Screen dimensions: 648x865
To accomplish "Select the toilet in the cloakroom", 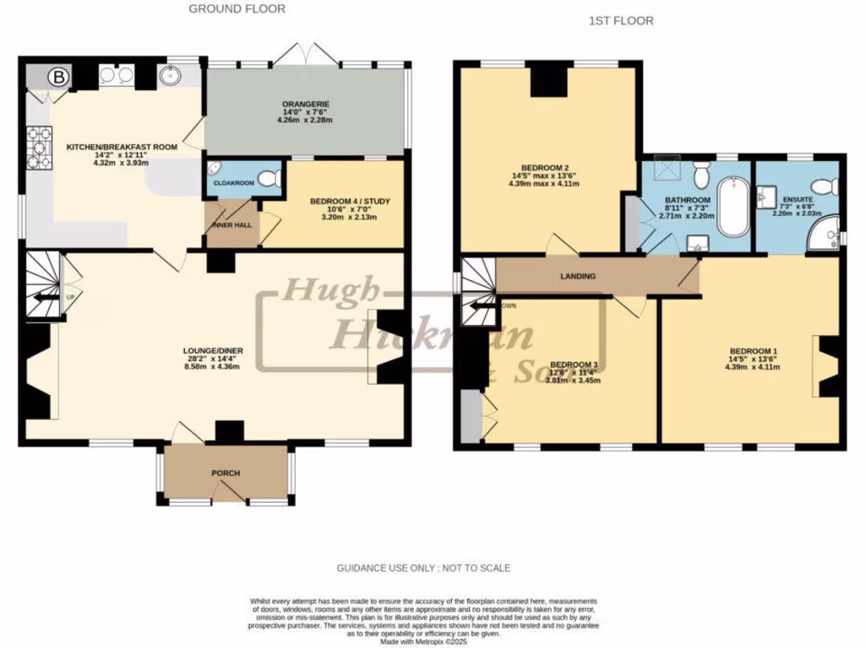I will tap(269, 178).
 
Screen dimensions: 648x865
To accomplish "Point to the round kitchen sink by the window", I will tap(175, 78).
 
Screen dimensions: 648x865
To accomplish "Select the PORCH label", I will tap(226, 473).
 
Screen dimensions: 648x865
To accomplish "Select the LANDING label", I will tap(578, 276).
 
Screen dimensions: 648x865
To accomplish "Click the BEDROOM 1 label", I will tap(753, 351).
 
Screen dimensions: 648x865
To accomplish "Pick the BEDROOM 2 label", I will tap(545, 167).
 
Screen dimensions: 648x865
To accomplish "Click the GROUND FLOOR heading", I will tap(237, 9).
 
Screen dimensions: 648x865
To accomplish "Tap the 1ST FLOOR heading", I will tap(621, 21).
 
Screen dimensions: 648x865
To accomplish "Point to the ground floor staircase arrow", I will tap(38, 296).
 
